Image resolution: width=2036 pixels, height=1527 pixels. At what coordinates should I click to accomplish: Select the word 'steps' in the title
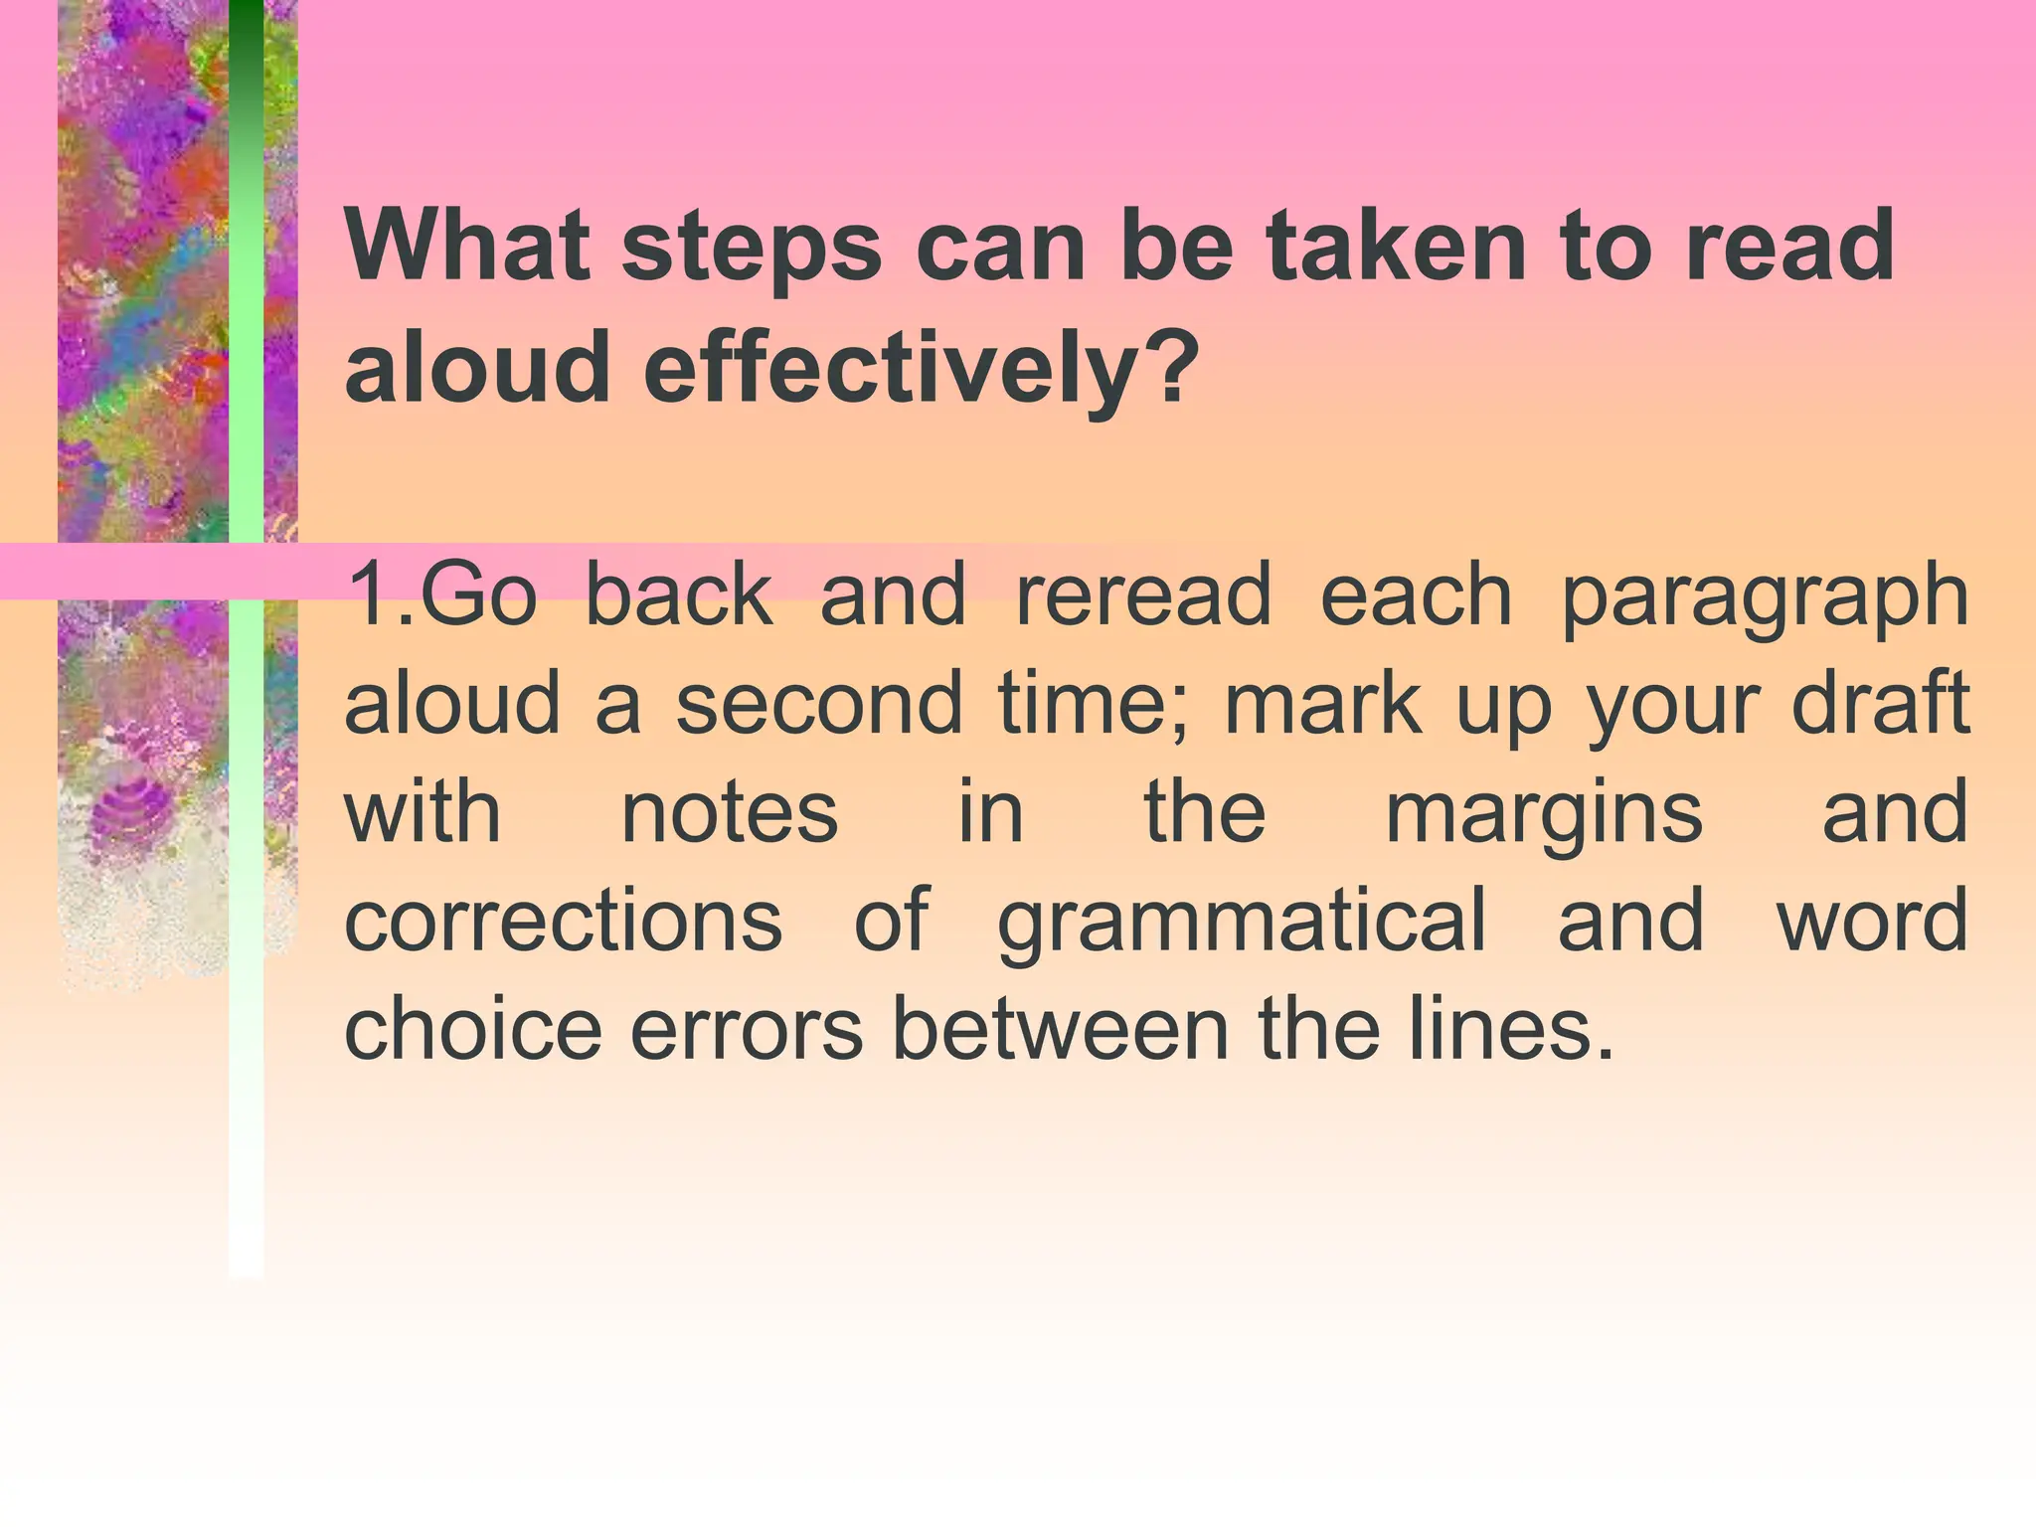752,249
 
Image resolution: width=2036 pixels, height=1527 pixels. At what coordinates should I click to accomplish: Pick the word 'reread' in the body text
1143,594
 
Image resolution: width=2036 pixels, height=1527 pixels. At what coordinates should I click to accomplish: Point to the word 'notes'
730,812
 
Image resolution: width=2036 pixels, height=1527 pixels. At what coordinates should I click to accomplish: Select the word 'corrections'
564,921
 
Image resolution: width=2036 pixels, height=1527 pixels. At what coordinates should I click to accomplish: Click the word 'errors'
747,1031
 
